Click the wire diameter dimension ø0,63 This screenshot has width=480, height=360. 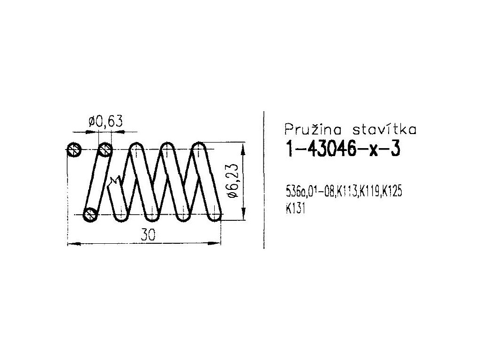[x=105, y=121]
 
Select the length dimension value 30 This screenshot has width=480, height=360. [x=148, y=235]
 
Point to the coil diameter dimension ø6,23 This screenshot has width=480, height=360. [x=233, y=181]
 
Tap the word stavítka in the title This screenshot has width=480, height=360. [x=384, y=129]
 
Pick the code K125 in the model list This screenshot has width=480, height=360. [x=392, y=192]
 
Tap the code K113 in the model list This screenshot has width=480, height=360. [x=346, y=192]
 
